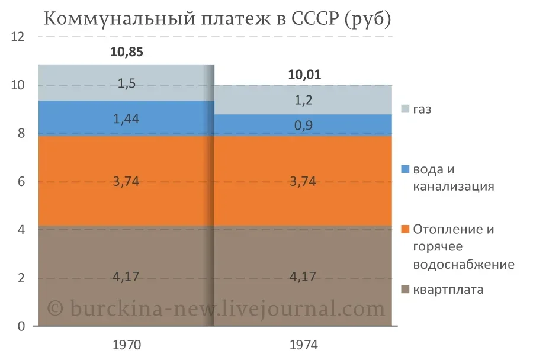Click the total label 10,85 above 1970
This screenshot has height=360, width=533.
[127, 52]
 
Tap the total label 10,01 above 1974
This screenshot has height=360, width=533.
[304, 75]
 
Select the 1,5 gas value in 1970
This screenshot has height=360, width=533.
[127, 83]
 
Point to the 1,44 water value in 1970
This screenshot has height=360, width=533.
[127, 118]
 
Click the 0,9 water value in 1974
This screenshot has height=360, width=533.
[304, 125]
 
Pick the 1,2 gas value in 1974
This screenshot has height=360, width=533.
[304, 100]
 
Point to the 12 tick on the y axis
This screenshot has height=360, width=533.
[18, 37]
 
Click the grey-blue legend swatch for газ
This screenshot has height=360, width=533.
[405, 109]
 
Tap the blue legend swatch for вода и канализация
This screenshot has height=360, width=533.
[405, 169]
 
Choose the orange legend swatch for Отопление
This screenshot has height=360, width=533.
[405, 229]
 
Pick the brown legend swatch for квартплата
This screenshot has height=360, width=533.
[405, 290]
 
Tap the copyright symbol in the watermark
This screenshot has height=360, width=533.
[54, 308]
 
